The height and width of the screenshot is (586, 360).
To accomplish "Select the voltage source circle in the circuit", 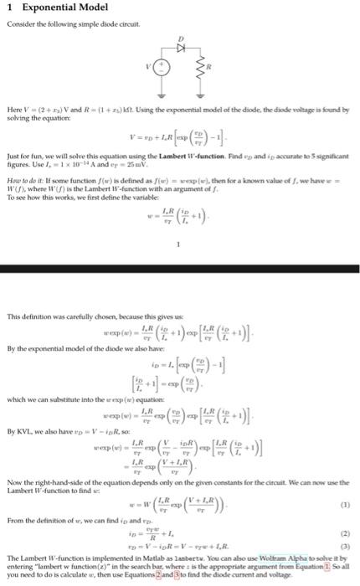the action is point(152,62).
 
